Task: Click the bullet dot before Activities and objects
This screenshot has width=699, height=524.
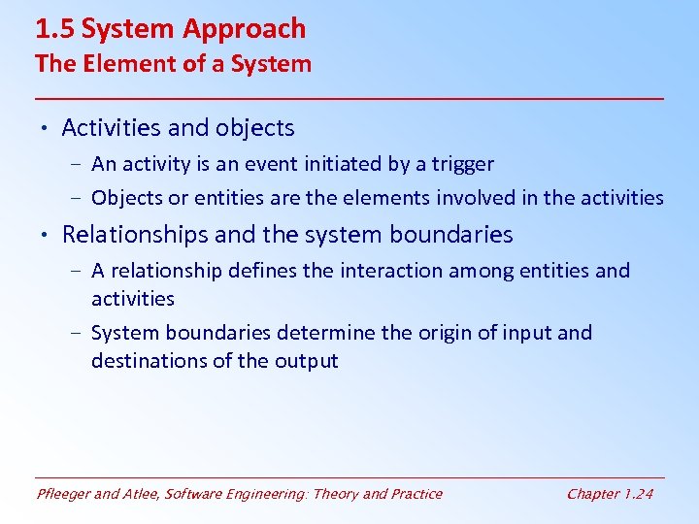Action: click(45, 128)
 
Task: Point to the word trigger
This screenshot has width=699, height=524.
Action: click(462, 165)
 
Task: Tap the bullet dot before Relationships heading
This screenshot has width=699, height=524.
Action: click(45, 235)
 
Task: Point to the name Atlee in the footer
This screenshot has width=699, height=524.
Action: click(144, 494)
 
